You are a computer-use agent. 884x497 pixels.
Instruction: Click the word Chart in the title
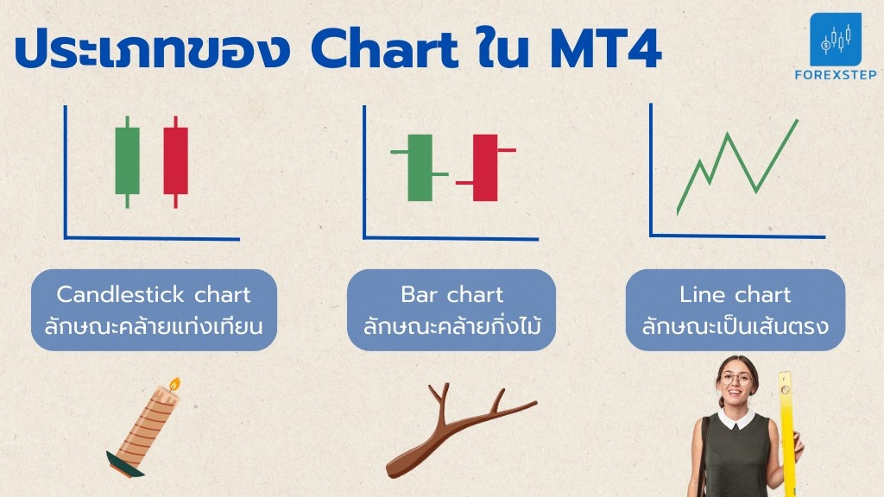[x=384, y=49]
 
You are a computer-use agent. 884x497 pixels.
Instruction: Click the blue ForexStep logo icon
[x=836, y=40]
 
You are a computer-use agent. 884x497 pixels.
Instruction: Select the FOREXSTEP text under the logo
[x=836, y=74]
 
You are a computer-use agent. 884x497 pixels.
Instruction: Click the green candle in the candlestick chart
[x=128, y=161]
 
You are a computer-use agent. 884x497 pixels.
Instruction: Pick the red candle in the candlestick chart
[x=176, y=161]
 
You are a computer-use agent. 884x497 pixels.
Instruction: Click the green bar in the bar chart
[x=420, y=167]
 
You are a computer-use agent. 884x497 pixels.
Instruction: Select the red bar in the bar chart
[x=485, y=167]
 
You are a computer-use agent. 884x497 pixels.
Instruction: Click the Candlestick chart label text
[x=154, y=295]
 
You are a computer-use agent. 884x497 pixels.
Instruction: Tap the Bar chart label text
[x=451, y=295]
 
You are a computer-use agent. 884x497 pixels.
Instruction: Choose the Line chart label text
[x=736, y=295]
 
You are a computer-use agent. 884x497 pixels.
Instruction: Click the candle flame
[x=174, y=384]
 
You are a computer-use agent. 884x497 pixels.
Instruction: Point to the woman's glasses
[x=736, y=379]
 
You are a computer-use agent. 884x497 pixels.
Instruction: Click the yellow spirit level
[x=787, y=434]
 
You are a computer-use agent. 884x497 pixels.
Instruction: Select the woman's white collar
[x=736, y=418]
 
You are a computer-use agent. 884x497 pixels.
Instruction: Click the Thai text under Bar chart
[x=451, y=326]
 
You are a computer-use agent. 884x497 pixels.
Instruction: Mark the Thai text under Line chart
[x=736, y=326]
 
